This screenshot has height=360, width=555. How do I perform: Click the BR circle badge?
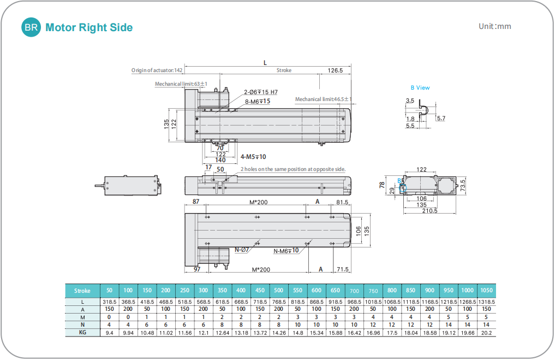(31, 27)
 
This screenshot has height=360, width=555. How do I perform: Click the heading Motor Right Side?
(89, 27)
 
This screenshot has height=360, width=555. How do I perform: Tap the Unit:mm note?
(494, 26)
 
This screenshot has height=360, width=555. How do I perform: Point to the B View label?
(420, 87)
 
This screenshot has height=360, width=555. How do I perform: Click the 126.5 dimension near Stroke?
(335, 70)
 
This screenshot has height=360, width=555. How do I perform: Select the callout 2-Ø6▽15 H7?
(261, 92)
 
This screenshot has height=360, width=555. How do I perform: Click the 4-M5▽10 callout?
(253, 157)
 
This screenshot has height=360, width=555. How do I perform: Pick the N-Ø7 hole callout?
(242, 250)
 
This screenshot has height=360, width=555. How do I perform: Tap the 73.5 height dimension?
(463, 185)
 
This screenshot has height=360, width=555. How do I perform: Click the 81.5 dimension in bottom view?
(342, 202)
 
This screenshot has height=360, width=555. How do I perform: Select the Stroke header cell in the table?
(82, 291)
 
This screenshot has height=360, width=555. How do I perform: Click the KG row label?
(82, 332)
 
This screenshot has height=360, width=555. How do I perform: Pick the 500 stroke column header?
(278, 291)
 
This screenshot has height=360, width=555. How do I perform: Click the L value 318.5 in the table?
(109, 302)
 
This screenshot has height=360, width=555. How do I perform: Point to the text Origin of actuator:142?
(157, 70)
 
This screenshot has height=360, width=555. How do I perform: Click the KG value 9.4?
(109, 332)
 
